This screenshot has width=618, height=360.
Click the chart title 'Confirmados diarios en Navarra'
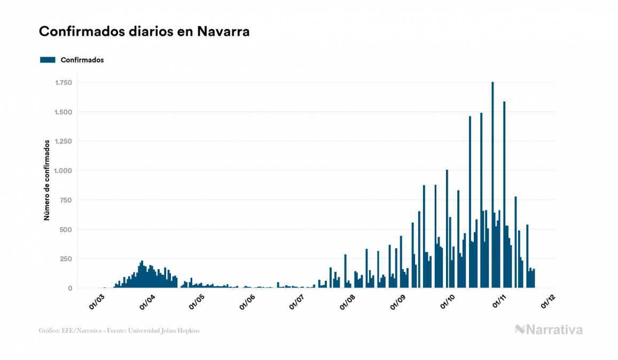[x=144, y=32]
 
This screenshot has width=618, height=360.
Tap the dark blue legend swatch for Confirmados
[x=48, y=60]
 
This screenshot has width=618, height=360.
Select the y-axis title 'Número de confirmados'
[x=47, y=180]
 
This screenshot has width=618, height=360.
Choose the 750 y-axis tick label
[x=66, y=200]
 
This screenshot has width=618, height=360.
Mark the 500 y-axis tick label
[x=66, y=230]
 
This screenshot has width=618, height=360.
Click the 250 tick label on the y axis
[x=66, y=259]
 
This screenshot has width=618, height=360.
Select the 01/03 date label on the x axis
[x=97, y=302]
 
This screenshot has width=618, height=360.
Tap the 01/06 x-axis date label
[x=247, y=302]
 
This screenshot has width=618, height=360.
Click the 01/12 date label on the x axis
[x=549, y=302]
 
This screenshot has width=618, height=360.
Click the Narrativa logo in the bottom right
[x=549, y=330]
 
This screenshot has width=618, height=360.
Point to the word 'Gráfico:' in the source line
[x=49, y=331]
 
